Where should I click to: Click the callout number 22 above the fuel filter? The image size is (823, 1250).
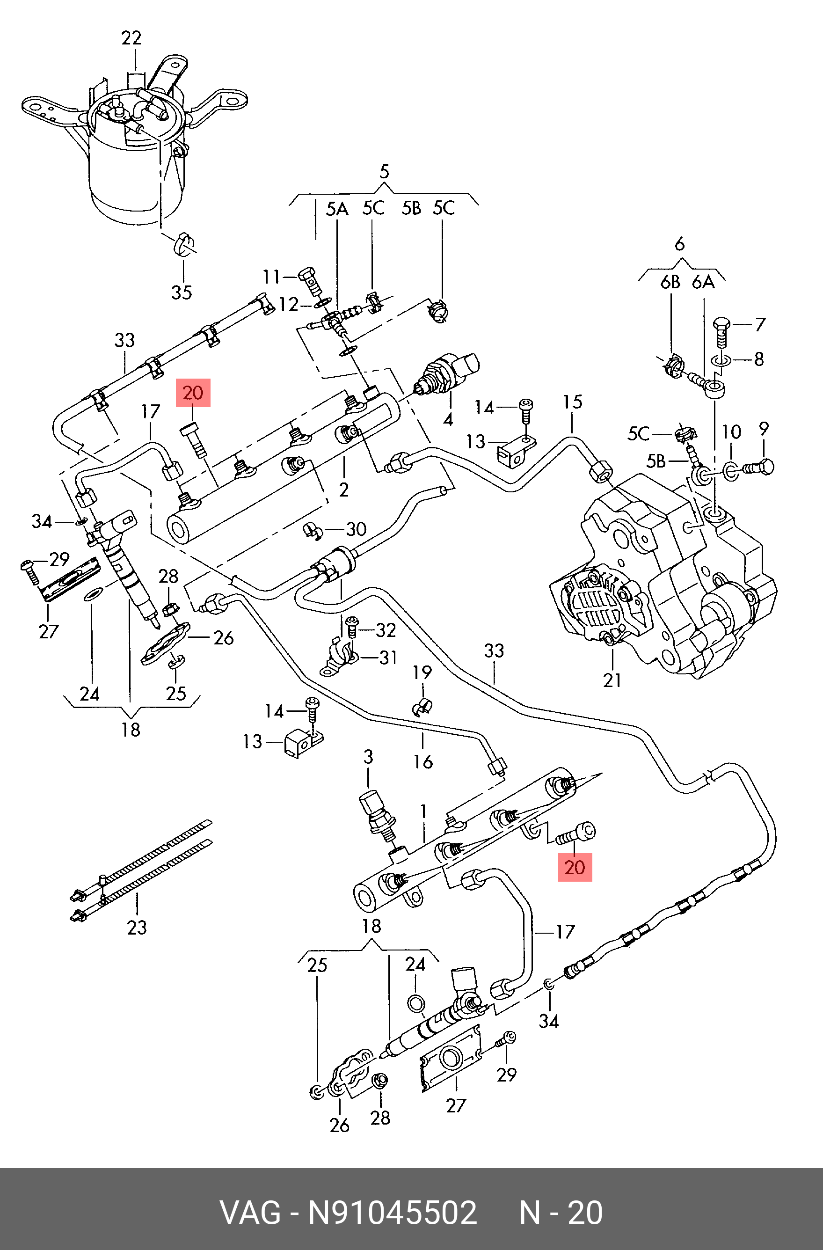click(131, 38)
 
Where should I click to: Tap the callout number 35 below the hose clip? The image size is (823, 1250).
click(182, 292)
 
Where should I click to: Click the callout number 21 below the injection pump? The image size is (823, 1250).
click(612, 680)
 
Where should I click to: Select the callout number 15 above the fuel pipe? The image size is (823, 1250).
click(573, 402)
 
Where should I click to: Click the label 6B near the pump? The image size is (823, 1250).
click(670, 283)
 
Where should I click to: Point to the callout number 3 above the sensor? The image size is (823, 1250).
click(368, 757)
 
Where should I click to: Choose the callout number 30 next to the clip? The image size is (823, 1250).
click(356, 529)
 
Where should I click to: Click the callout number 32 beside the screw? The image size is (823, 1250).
click(386, 630)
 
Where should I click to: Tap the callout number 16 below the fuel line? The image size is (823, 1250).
click(423, 761)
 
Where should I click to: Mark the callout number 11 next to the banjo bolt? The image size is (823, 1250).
click(271, 276)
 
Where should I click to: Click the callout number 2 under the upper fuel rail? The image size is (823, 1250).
click(343, 490)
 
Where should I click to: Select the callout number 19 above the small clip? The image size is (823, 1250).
click(422, 673)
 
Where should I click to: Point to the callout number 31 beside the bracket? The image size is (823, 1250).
click(388, 658)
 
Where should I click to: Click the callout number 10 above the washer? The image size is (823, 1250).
click(731, 432)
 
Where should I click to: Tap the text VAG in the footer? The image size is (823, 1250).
click(250, 1213)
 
